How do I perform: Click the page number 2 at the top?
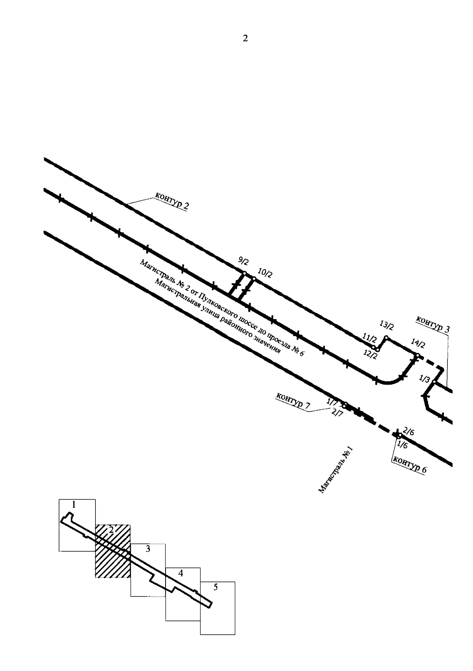(245, 39)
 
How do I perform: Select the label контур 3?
(432, 324)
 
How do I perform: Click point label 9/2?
(244, 261)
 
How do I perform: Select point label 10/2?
(264, 273)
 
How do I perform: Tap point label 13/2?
(387, 326)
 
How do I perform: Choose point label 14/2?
(418, 345)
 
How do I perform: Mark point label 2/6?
(409, 432)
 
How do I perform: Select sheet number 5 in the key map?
(216, 587)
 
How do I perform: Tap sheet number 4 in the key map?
(181, 573)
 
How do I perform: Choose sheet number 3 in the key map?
(148, 549)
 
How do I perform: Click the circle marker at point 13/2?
(386, 337)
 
